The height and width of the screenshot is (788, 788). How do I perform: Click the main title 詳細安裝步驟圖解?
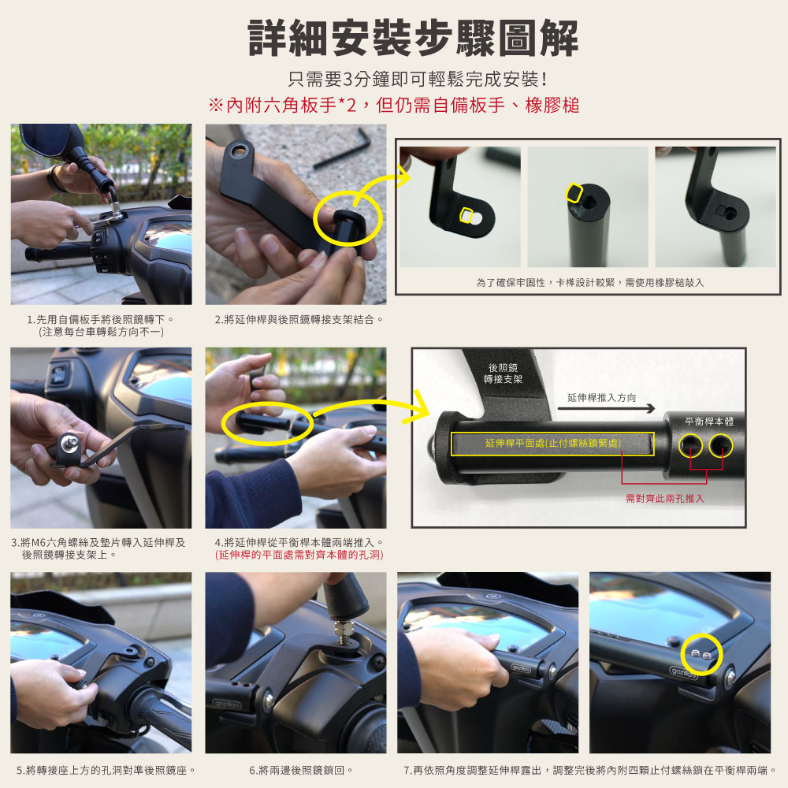(x=413, y=38)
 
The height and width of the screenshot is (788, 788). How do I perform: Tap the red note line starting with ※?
(x=394, y=105)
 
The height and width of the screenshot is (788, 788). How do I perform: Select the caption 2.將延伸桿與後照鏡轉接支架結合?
(x=299, y=320)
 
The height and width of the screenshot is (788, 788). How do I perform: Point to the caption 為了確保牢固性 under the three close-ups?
(x=590, y=282)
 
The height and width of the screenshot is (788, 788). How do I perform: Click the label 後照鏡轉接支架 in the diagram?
(x=503, y=374)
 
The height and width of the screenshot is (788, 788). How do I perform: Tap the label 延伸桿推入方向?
(x=601, y=397)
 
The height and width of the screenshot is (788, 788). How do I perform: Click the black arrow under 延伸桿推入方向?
(x=606, y=408)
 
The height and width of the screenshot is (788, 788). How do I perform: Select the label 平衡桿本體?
(x=709, y=422)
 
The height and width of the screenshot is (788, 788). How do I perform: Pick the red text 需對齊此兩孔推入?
(x=665, y=498)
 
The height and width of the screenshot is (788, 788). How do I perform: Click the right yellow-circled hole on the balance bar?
(x=721, y=445)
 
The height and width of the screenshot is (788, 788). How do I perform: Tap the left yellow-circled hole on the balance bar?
(x=690, y=445)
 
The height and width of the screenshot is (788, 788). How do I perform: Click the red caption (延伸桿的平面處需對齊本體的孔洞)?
(x=299, y=555)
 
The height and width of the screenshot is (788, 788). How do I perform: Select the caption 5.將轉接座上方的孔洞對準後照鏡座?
(x=106, y=770)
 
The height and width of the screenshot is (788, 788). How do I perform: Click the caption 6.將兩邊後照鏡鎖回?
(x=301, y=770)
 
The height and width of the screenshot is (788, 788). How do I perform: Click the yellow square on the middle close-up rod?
(x=574, y=192)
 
